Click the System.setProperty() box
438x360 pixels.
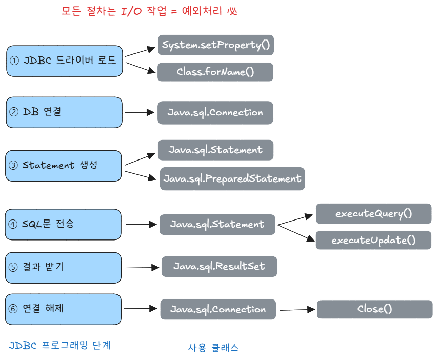pos(215,45)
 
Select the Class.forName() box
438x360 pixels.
pos(215,72)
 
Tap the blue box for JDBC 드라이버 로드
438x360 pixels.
pos(65,61)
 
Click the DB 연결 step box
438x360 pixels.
pos(65,112)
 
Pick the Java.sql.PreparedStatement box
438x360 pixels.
pos(232,178)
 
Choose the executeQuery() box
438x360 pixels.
pos(373,213)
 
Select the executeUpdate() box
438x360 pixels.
pos(373,240)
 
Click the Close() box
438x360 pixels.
pos(374,309)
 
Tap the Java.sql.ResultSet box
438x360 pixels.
pos(219,267)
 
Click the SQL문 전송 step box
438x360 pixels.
pos(64,224)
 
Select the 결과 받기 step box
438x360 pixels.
pos(64,267)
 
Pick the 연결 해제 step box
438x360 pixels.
pos(64,309)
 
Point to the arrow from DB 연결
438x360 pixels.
pos(140,112)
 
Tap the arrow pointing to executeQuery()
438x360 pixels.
pos(295,219)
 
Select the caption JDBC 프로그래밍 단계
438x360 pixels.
pos(60,345)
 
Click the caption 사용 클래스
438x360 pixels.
pos(213,348)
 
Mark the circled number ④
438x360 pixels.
pos(14,224)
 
